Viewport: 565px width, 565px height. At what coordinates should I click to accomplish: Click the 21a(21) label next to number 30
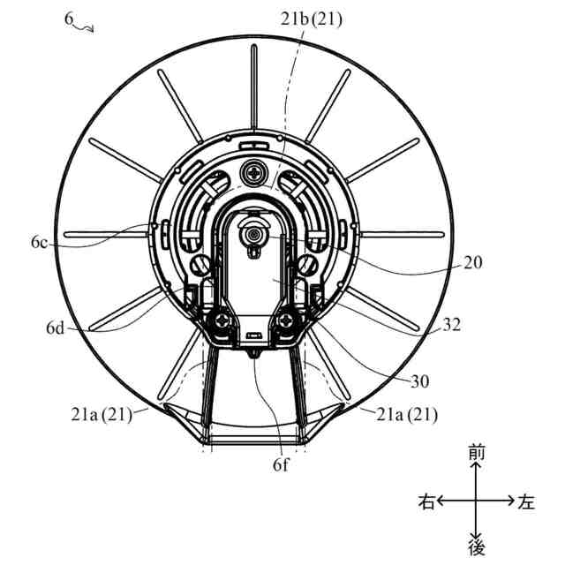pos(406,413)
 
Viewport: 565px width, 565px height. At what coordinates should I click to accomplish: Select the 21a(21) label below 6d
pos(102,413)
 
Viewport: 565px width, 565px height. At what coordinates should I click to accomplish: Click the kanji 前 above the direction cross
pos(477,452)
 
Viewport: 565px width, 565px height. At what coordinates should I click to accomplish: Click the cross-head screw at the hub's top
pos(257,172)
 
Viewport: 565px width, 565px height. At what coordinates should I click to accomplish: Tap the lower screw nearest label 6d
pos(224,324)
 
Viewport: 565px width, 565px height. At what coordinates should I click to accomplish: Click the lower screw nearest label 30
pos(288,324)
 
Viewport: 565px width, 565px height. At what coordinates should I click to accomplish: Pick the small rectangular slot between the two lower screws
pos(255,335)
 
